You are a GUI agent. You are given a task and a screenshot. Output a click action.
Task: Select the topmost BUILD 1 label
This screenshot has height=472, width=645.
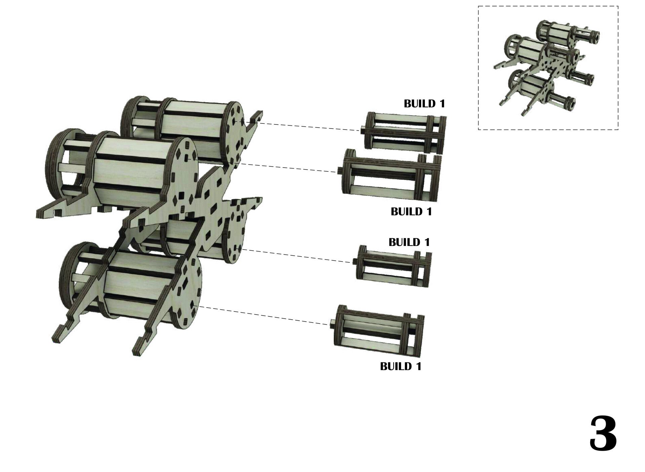tap(424, 104)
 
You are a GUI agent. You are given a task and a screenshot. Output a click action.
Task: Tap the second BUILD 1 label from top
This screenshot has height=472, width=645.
tap(411, 212)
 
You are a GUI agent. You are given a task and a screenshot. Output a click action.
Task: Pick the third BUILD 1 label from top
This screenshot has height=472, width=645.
tap(409, 242)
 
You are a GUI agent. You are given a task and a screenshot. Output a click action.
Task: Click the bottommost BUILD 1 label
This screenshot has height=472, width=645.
tap(401, 366)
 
